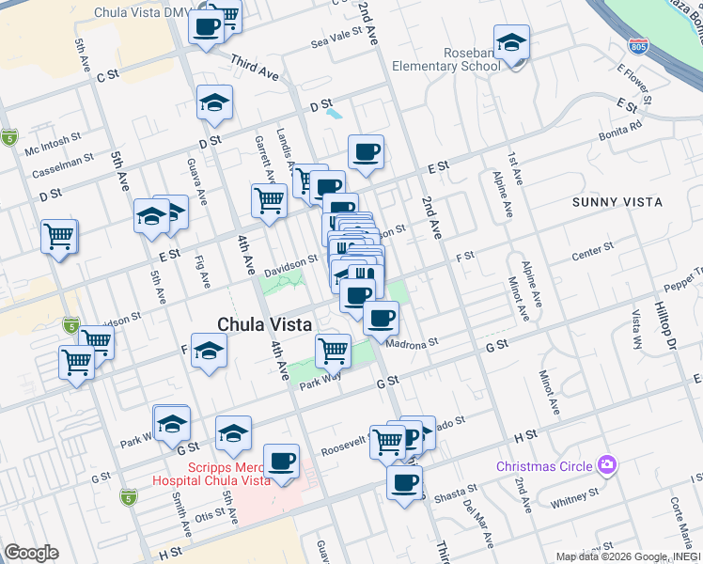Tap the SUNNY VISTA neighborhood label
(x=617, y=202)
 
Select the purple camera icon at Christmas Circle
(x=608, y=464)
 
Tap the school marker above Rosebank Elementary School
(x=511, y=42)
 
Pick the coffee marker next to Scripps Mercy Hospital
(x=281, y=461)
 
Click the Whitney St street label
(x=574, y=496)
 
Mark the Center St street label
(x=592, y=248)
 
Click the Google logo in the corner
(x=32, y=553)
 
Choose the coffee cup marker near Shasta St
(x=405, y=483)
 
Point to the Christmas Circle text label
(x=545, y=466)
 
